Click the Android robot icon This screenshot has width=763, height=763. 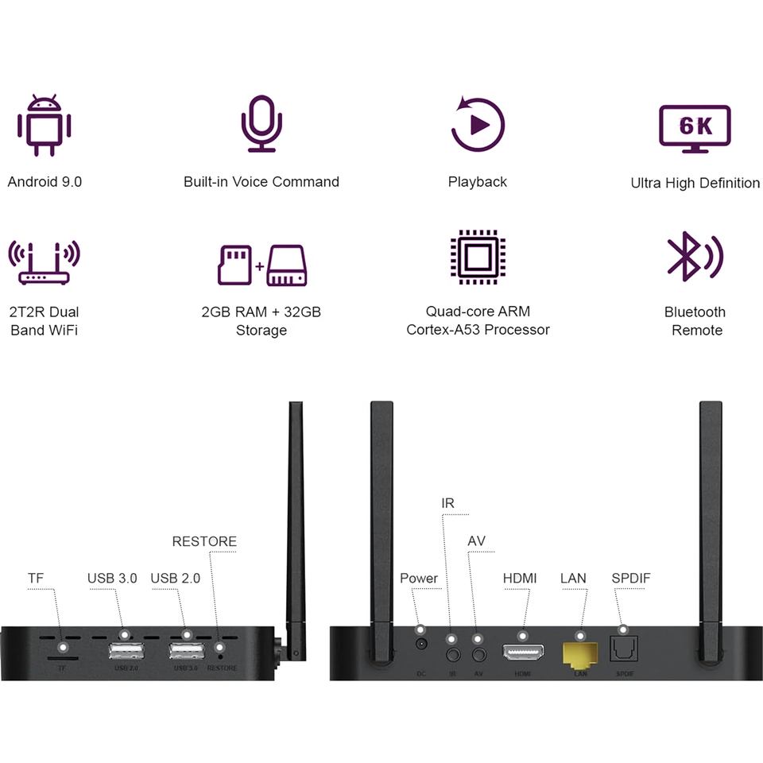click(x=45, y=126)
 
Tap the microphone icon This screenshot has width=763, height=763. click(x=261, y=124)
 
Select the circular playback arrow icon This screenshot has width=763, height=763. click(x=478, y=124)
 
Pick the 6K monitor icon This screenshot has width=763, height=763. click(x=696, y=127)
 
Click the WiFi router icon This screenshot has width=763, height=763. click(x=45, y=262)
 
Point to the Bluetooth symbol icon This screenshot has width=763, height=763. click(x=693, y=256)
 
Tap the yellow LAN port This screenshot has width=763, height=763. click(x=580, y=655)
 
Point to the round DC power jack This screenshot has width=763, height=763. click(x=421, y=645)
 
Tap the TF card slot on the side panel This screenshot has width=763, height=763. click(x=61, y=659)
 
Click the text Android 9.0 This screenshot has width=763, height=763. click(x=45, y=182)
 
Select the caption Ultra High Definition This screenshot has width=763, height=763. click(x=695, y=184)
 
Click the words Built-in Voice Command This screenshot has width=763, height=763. click(x=261, y=182)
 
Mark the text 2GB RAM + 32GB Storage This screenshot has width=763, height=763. click(x=261, y=321)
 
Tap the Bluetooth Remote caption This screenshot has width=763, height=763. click(x=695, y=321)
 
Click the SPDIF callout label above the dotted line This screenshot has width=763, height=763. click(x=631, y=578)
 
